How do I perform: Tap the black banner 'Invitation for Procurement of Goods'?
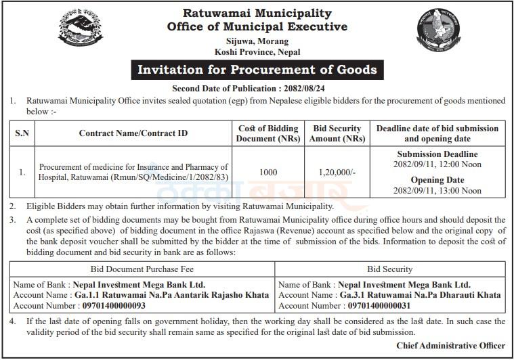[x=257, y=70]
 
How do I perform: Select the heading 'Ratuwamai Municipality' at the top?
[x=257, y=13]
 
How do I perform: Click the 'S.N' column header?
[x=22, y=133]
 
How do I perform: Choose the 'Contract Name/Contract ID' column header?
[x=133, y=133]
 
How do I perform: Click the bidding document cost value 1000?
[x=268, y=173]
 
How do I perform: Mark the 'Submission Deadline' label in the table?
[x=437, y=155]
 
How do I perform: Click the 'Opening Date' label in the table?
[x=437, y=180]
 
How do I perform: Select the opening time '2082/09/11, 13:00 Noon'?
[x=437, y=191]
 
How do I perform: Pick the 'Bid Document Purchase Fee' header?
[x=140, y=269]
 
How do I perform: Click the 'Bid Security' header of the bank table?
[x=390, y=269]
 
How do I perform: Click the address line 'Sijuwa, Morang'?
[x=257, y=41]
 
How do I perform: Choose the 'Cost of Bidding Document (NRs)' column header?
[x=268, y=133]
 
